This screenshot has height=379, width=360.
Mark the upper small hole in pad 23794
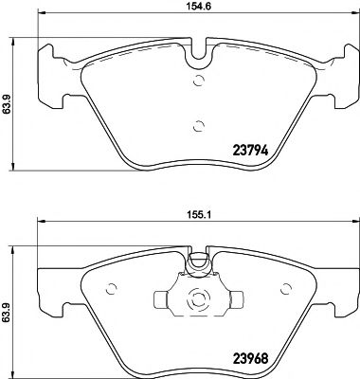[197, 81]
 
